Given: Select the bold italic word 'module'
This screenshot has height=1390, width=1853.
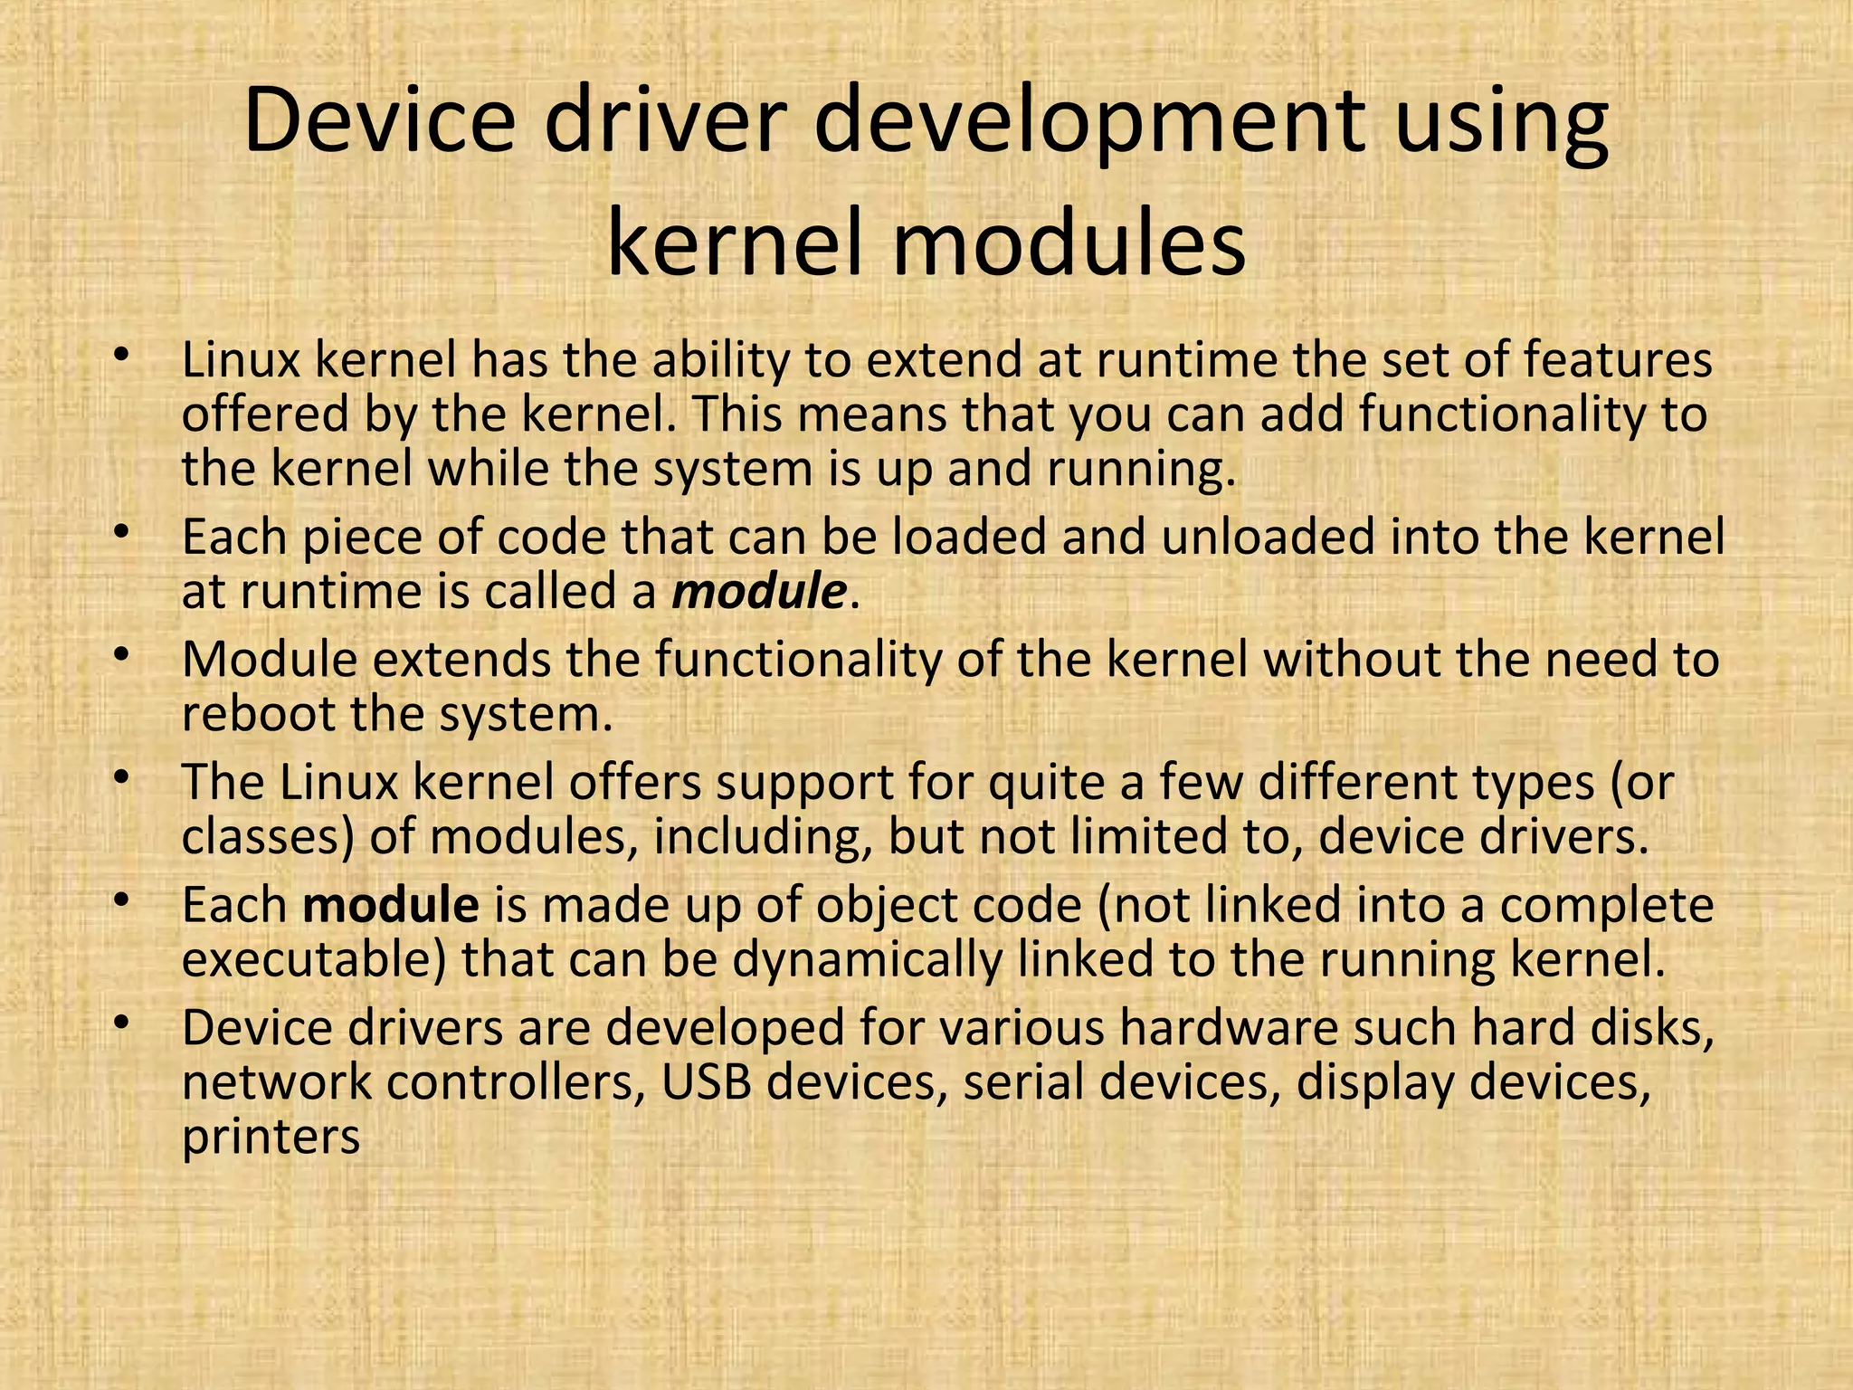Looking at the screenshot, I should (758, 592).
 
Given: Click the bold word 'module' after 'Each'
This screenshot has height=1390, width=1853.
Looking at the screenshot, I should (391, 905).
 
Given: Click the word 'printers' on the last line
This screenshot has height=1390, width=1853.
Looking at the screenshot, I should (271, 1137).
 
